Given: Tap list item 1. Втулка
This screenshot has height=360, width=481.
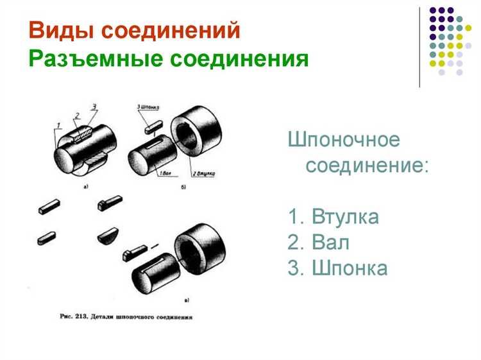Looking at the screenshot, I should tap(333, 217).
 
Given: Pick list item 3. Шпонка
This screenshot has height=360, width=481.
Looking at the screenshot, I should tap(338, 268).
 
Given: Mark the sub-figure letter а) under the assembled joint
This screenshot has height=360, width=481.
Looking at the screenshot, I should tap(86, 187).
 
